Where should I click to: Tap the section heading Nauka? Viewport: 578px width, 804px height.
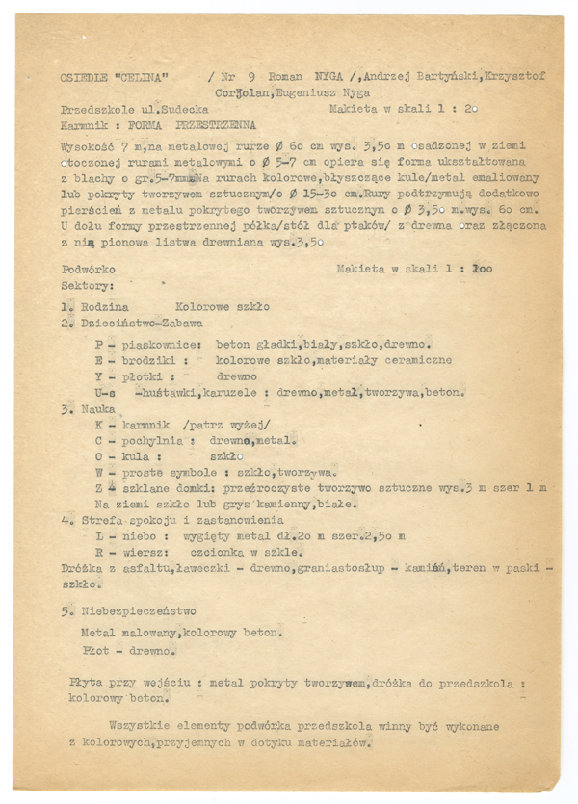92,408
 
